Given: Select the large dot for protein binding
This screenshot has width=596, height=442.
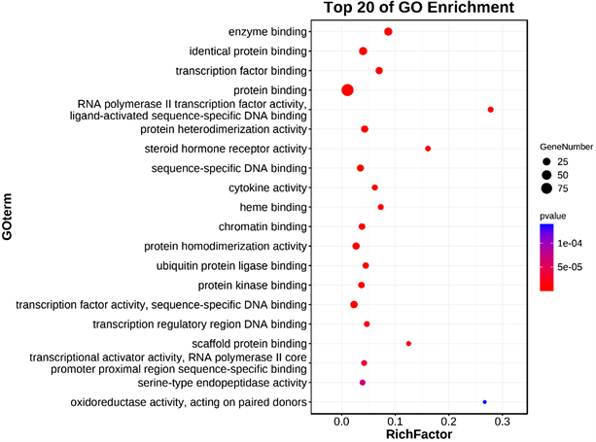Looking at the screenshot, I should coord(347,90).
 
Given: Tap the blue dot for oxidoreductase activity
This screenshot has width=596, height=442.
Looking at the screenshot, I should coord(484,401).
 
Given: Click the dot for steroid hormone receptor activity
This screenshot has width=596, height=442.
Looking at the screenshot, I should coord(428,149).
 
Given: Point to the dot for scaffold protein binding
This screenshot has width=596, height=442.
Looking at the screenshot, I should coord(408,344).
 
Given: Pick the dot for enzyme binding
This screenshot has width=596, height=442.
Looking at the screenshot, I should coord(388,32).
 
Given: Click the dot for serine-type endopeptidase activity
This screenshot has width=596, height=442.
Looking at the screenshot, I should coord(363,383).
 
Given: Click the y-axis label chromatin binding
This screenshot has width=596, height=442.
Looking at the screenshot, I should coord(263,226).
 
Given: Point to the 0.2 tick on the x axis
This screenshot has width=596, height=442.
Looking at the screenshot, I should coord(448,422).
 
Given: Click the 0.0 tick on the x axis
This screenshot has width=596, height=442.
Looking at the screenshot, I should coord(342,422).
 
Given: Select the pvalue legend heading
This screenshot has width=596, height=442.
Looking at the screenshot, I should coord(554,215).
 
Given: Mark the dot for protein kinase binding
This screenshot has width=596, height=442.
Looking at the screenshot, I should coord(362,286).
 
